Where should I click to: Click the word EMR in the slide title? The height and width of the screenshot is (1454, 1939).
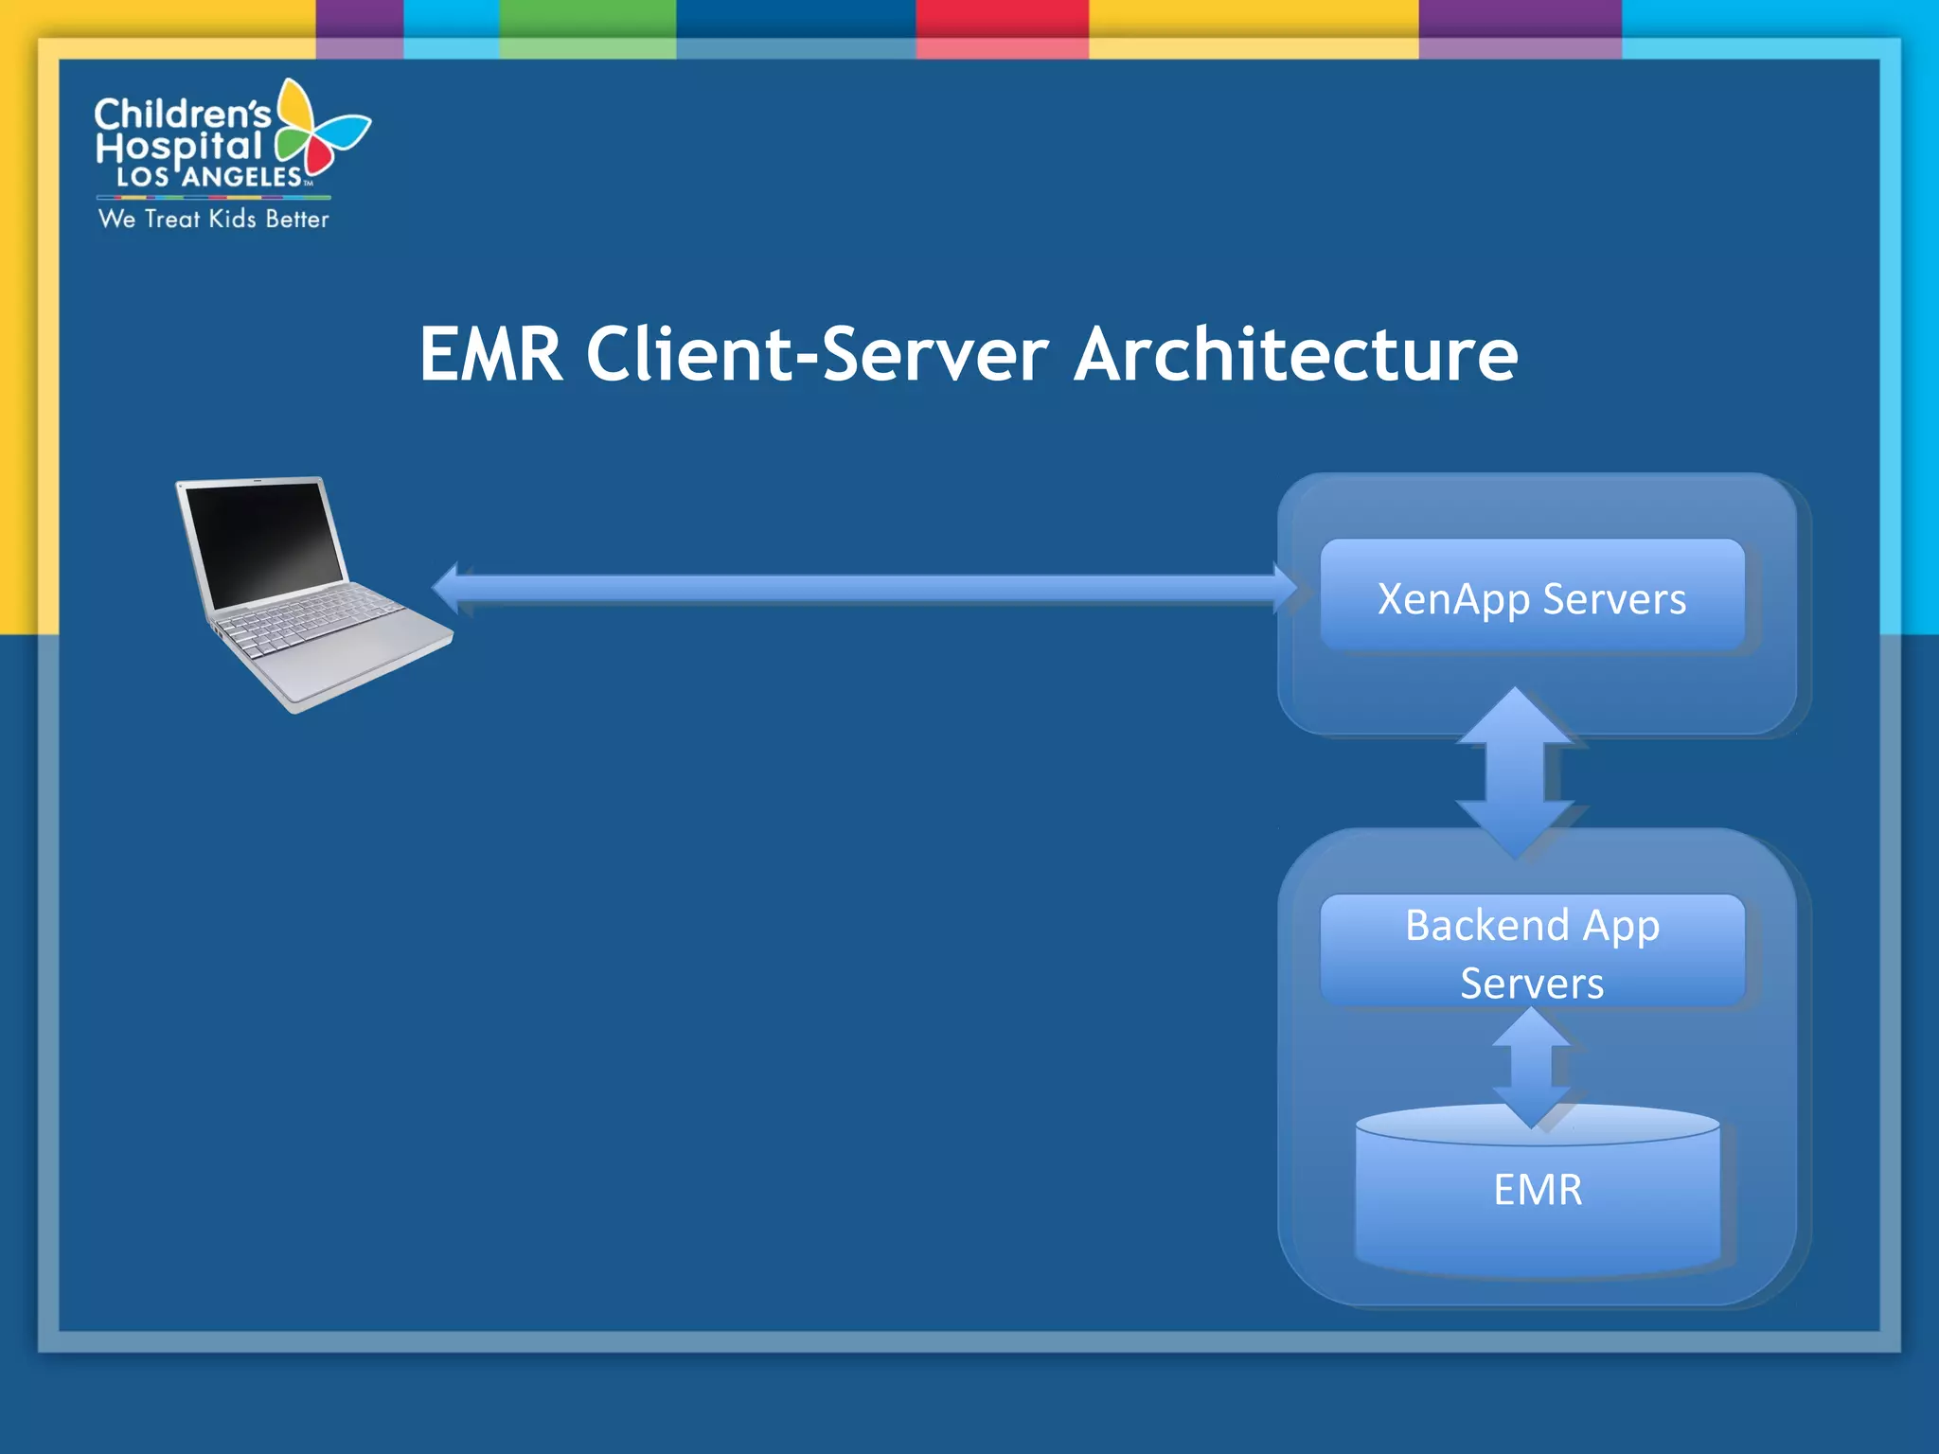pos(490,355)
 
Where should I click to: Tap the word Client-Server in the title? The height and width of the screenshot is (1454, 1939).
pos(817,355)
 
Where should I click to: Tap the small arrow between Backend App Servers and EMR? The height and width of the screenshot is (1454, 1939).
pos(1531,1065)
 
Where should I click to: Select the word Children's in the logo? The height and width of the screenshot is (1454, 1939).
pos(182,115)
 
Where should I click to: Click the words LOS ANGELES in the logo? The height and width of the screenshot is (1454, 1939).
pos(208,177)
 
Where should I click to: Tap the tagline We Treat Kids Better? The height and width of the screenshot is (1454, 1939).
pos(213,219)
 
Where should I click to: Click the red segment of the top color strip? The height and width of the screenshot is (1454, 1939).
pos(1002,19)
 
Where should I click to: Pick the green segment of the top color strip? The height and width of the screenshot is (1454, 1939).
pos(587,19)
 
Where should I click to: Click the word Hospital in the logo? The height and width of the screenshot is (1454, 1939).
pos(178,147)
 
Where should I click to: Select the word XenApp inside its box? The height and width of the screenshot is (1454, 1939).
pos(1453,599)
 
